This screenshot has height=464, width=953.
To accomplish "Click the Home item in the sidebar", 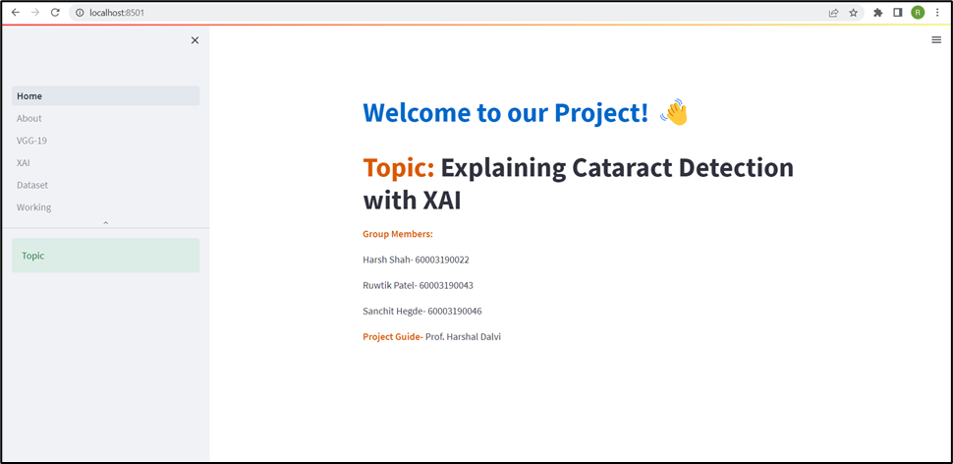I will point(29,96).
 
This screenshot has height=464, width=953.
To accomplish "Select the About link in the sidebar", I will point(29,119).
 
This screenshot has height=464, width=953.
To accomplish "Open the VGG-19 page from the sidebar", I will point(31,141).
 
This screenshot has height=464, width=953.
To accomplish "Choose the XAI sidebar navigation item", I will point(24,163).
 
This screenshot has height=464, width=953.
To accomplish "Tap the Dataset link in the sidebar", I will point(32,185).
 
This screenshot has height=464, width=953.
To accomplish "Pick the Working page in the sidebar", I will point(34,207).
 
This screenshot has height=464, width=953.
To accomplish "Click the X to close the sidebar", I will point(195,40).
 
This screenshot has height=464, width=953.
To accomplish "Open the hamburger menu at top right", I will point(936,40).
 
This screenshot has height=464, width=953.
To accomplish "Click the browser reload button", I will point(55,13).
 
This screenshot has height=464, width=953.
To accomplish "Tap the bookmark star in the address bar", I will point(853,13).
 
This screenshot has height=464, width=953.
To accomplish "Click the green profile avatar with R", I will point(918,13).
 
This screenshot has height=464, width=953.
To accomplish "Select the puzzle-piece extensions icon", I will point(877,13).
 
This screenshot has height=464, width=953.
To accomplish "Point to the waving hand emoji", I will point(674,113).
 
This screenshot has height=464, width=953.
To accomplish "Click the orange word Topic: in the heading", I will point(398,168).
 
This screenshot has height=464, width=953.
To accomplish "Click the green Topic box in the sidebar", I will point(105,256).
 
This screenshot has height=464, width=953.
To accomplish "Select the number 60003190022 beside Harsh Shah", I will point(442,261).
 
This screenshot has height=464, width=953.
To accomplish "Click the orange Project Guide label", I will point(391,337).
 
